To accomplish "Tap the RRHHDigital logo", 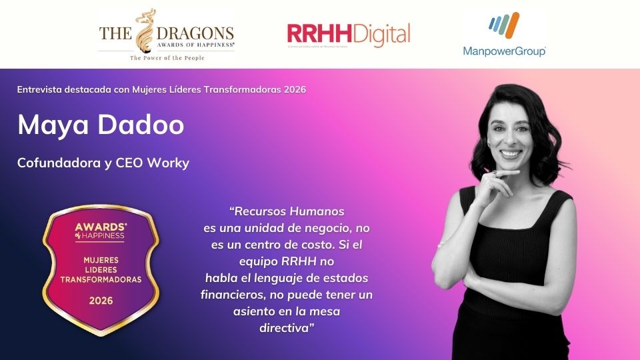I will pos(348,34).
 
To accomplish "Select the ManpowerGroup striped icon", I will pos(504,26).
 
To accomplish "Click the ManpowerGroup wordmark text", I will pos(504,51).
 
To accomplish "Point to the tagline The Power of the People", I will pos(167,58).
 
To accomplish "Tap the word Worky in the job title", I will pos(171,163).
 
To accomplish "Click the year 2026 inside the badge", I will pos(101,301).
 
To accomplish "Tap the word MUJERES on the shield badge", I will pos(101,259).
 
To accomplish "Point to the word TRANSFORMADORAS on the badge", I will pos(101,280).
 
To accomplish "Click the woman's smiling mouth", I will pos(511,153).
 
